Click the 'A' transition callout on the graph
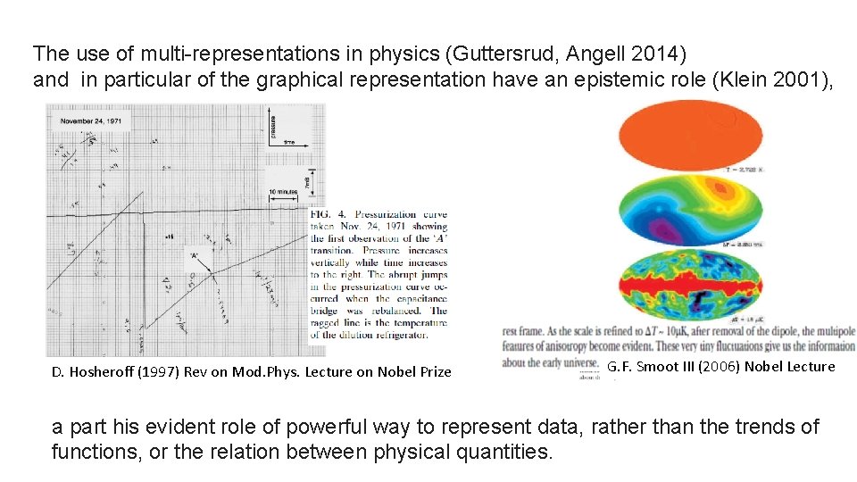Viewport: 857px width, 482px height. tap(192, 256)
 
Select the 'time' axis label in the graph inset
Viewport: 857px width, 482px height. tap(289, 141)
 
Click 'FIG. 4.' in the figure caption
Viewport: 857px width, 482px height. tap(326, 214)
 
